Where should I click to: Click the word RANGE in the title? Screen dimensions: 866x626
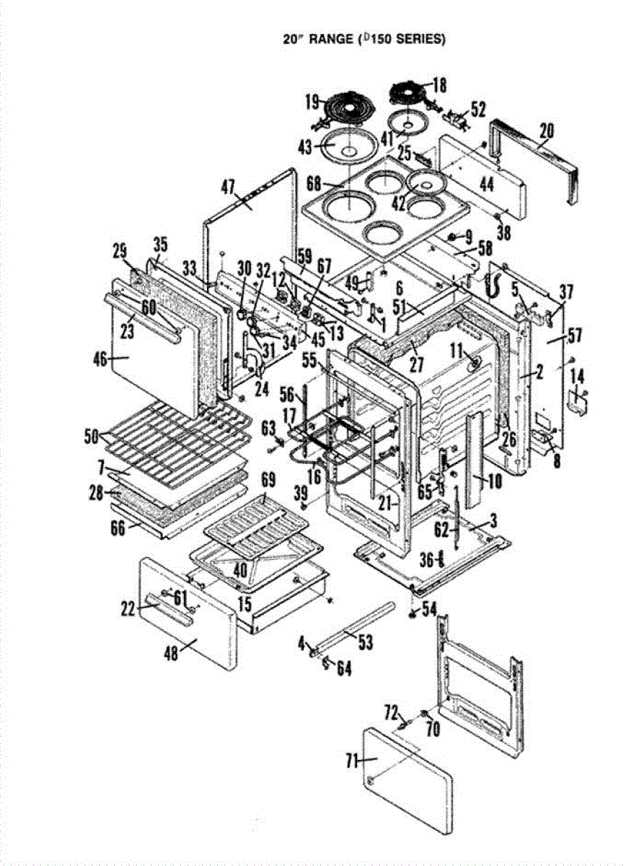click(325, 40)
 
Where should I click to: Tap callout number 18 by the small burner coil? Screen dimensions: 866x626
click(439, 85)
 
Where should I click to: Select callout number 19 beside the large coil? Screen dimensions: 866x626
click(312, 102)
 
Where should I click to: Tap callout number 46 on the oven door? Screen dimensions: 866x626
click(121, 356)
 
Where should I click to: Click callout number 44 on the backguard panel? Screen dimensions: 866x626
click(487, 185)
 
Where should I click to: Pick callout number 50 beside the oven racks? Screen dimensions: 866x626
click(92, 436)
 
